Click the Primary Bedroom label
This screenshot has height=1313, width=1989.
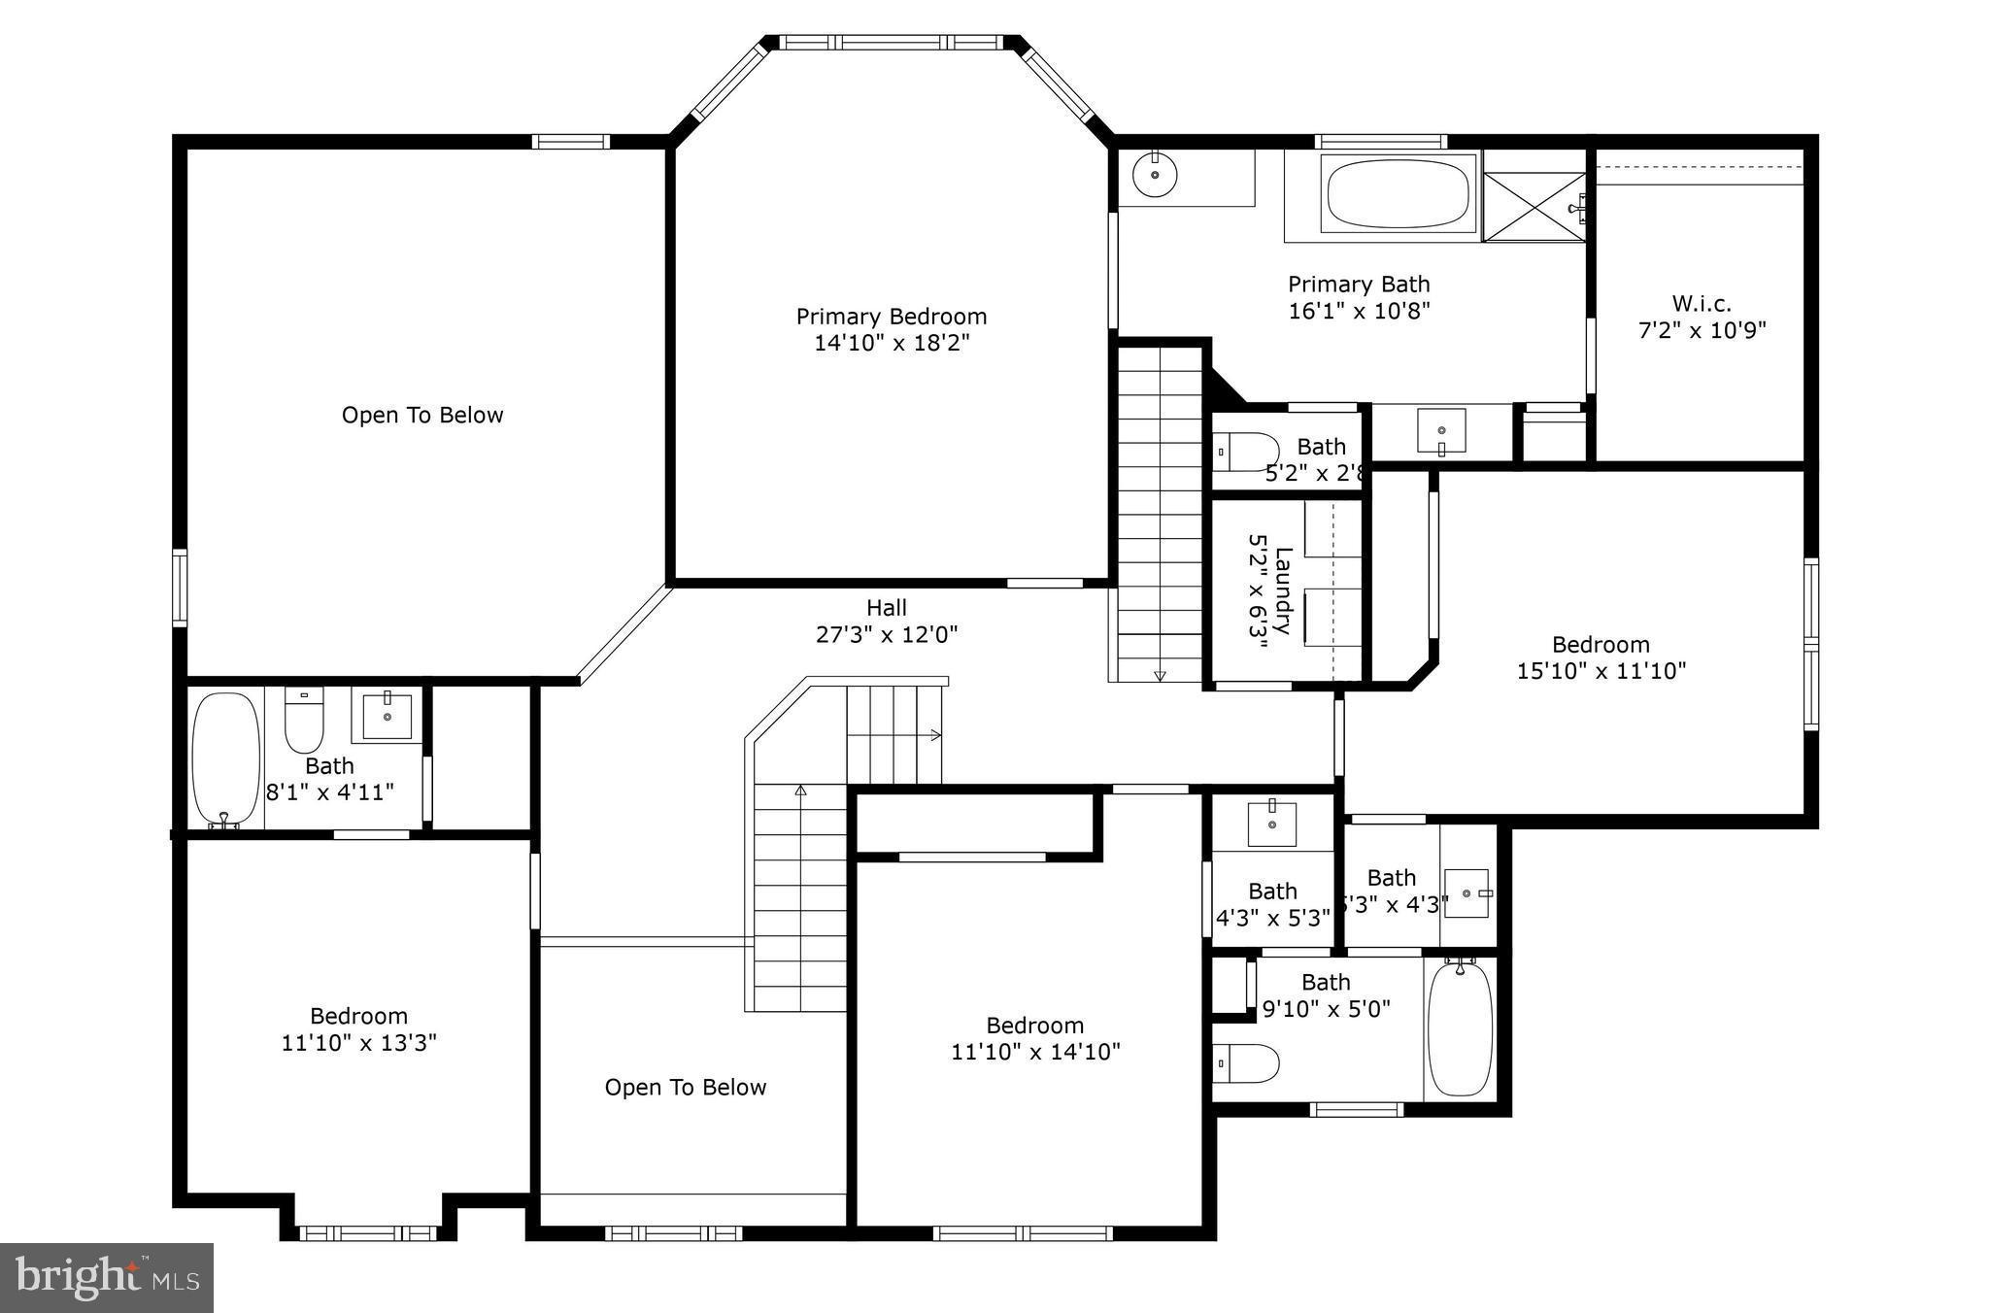[x=892, y=329]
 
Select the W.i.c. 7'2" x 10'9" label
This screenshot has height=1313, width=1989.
[x=1702, y=317]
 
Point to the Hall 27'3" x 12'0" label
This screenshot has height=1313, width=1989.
[x=887, y=622]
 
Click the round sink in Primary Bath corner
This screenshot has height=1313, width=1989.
[x=1155, y=176]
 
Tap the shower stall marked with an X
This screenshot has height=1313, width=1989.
[x=1534, y=206]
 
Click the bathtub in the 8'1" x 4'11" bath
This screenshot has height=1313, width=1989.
[x=225, y=758]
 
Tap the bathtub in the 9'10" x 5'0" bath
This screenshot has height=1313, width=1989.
[x=1460, y=1028]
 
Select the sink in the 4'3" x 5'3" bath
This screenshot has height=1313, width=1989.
[x=1271, y=825]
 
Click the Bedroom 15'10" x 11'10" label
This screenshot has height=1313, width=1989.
[x=1601, y=657]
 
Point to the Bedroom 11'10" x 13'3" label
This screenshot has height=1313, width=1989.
[x=358, y=1029]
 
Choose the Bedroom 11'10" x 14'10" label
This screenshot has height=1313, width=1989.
[x=1035, y=1038]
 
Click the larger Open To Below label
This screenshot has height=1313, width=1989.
[x=422, y=416]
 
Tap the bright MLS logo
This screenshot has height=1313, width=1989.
[x=107, y=1277]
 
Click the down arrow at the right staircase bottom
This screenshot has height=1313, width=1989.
[x=1160, y=675]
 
